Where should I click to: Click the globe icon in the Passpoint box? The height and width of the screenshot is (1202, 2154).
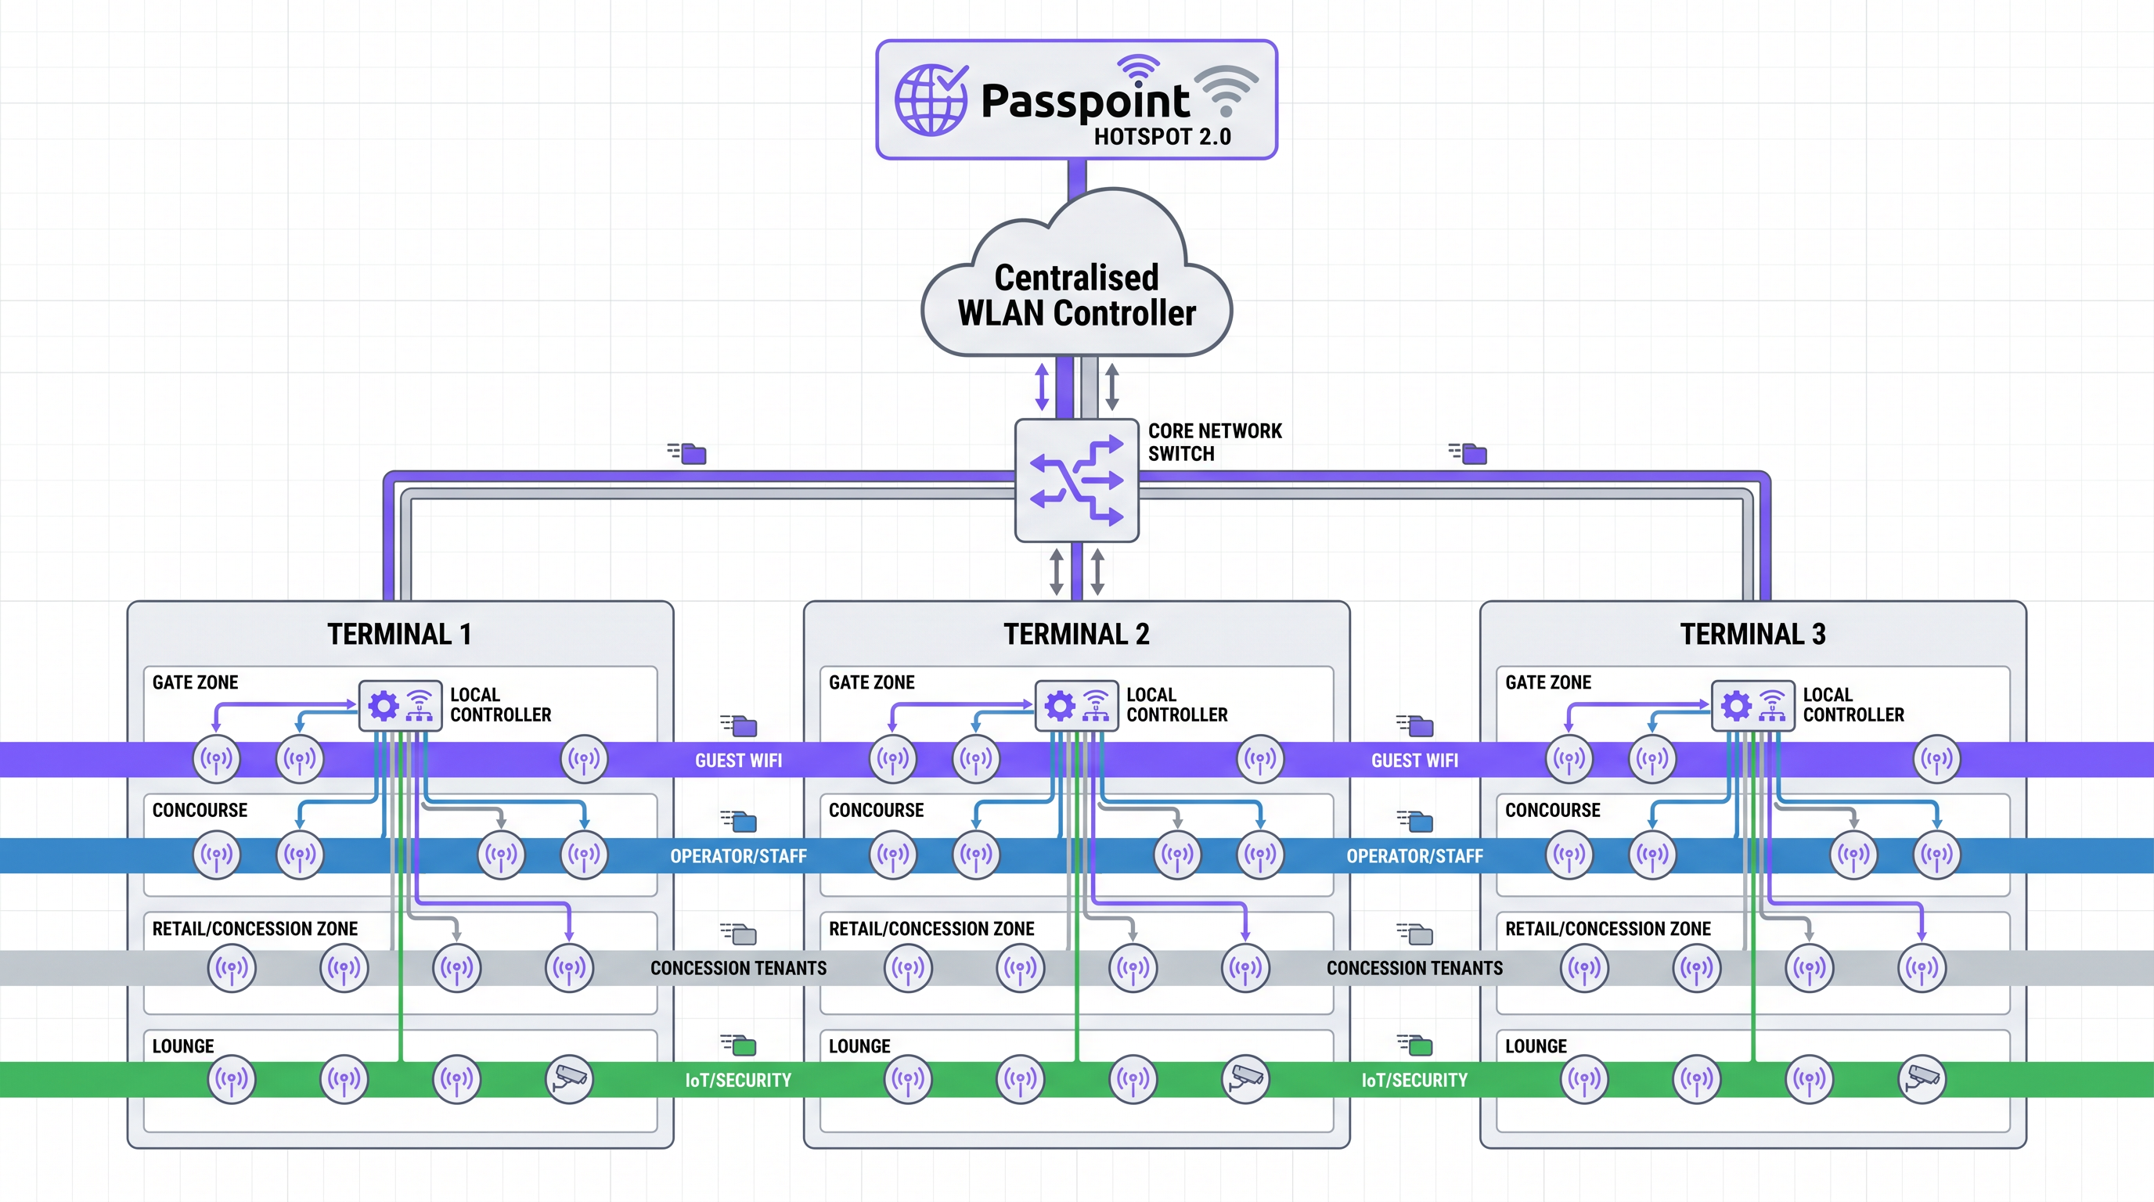(931, 99)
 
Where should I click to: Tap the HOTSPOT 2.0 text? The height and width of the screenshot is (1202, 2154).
(1162, 137)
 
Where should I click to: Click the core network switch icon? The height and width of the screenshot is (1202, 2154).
(1076, 480)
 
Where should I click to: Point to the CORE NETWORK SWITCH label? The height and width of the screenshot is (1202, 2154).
(1214, 442)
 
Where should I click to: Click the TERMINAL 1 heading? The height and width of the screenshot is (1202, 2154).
(399, 635)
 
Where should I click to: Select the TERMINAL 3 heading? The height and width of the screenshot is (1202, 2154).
(1752, 635)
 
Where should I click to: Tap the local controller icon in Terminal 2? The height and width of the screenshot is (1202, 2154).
(1076, 706)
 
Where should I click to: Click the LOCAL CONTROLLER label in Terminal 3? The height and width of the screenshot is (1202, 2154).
(1853, 704)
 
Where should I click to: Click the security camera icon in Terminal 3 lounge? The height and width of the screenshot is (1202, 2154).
(1922, 1078)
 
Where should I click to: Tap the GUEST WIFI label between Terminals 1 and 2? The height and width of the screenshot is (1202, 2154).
(738, 761)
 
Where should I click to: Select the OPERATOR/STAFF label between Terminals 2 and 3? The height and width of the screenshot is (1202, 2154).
(1414, 856)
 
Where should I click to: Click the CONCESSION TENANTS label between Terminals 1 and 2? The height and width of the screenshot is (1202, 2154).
(738, 968)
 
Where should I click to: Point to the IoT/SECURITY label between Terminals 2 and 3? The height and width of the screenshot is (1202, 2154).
(1414, 1080)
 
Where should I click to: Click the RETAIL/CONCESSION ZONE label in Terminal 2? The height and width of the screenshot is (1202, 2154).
(931, 929)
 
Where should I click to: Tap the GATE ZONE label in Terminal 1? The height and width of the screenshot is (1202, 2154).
(195, 682)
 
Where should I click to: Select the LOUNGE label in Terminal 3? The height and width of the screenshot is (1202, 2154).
(1536, 1045)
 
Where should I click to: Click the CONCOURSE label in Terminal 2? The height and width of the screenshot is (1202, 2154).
(876, 810)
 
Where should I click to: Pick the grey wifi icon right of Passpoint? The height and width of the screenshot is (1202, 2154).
(1226, 89)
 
